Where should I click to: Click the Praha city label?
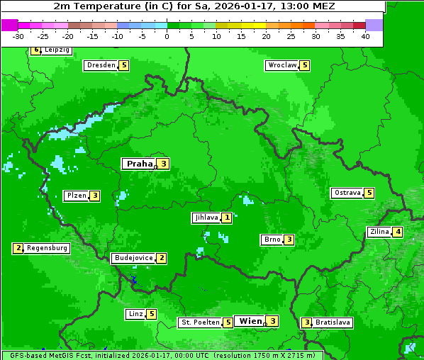click(139, 164)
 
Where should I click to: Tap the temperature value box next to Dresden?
click(124, 65)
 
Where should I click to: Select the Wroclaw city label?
click(281, 65)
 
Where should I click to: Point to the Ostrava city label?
click(347, 193)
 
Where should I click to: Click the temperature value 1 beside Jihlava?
click(226, 218)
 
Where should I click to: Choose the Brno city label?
click(272, 240)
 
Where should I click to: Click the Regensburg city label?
click(48, 248)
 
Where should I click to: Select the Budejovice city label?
click(133, 258)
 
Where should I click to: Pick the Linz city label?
click(135, 314)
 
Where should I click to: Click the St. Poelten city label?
click(199, 322)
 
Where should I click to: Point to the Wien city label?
click(250, 321)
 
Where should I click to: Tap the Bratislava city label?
click(333, 322)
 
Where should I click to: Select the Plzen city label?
click(76, 196)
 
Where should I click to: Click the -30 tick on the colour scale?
click(18, 36)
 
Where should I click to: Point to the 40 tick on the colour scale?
click(365, 36)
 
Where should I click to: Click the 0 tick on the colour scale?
click(167, 36)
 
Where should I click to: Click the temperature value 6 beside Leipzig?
click(35, 50)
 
